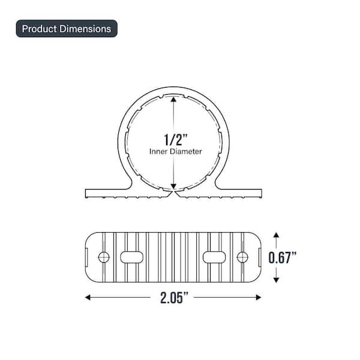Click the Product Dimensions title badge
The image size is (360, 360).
[67, 29]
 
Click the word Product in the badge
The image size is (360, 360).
[39, 29]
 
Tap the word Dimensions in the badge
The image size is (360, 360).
[85, 29]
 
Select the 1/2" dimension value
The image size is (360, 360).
[176, 140]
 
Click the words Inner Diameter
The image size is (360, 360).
[176, 152]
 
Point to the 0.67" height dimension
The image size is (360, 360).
[283, 257]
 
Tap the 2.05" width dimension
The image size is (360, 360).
[174, 298]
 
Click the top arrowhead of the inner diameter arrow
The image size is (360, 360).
[173, 99]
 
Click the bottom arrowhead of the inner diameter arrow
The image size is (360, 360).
[173, 186]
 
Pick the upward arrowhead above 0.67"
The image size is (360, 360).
[276, 235]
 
